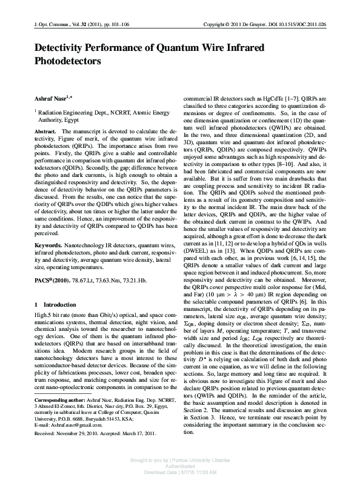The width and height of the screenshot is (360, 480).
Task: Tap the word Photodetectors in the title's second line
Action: (68, 61)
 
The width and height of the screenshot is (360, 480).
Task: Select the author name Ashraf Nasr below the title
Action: (52, 97)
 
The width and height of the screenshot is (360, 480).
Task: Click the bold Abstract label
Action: (45, 131)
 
